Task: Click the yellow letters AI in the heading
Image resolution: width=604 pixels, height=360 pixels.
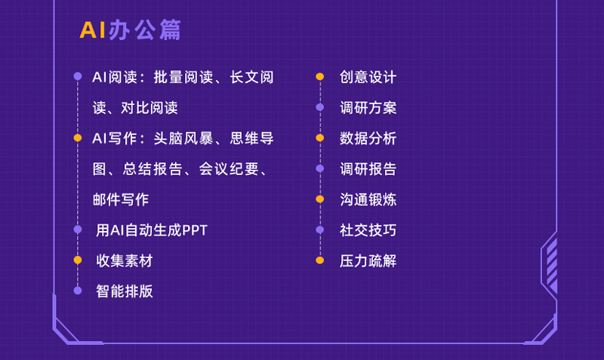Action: click(92, 30)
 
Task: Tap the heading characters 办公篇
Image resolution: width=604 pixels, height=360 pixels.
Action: click(145, 30)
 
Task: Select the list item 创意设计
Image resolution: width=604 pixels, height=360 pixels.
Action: click(368, 77)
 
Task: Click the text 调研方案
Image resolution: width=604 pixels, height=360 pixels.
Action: click(368, 108)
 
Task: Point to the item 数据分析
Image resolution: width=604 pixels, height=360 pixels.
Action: click(368, 138)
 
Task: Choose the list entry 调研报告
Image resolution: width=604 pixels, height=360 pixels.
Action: click(368, 169)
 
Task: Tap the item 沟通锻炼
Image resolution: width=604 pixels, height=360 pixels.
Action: click(368, 199)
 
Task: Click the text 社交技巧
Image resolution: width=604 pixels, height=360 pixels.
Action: click(368, 230)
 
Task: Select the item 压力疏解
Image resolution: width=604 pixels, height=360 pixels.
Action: click(368, 260)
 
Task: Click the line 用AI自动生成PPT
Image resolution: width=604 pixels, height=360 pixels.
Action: click(152, 230)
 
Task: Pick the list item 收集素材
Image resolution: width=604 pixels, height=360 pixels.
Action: click(125, 260)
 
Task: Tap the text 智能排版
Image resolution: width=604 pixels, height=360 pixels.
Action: click(125, 291)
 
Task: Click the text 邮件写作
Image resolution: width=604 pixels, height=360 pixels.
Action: click(121, 199)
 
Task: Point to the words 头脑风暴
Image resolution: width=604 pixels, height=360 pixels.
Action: click(183, 138)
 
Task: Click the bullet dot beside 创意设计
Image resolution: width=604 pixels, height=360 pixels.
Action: click(319, 77)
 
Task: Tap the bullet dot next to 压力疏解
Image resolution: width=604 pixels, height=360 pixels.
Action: click(319, 260)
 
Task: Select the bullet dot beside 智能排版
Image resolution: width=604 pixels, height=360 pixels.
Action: click(78, 291)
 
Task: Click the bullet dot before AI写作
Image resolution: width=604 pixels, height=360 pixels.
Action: click(78, 138)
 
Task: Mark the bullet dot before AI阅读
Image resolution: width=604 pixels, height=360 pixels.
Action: click(78, 76)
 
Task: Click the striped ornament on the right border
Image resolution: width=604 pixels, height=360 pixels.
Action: click(552, 266)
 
